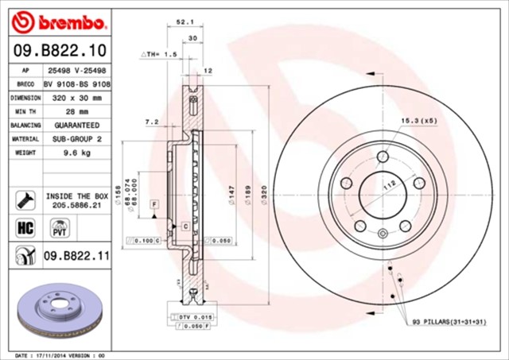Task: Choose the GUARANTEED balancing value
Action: click(x=77, y=126)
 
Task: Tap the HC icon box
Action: click(x=24, y=228)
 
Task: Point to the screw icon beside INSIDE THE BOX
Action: click(x=24, y=199)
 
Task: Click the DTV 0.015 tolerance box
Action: click(x=190, y=317)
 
